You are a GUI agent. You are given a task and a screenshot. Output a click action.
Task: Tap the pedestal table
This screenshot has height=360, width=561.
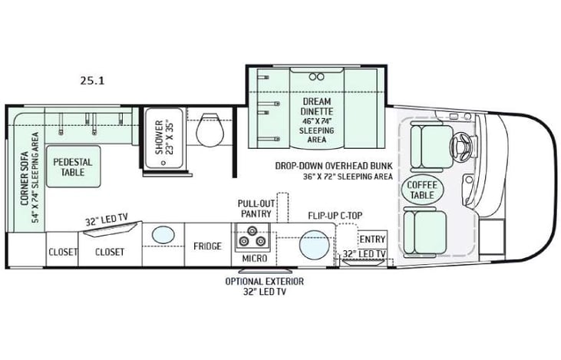click(x=73, y=167)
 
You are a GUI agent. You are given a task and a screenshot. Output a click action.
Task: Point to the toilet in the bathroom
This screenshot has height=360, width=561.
click(x=209, y=130)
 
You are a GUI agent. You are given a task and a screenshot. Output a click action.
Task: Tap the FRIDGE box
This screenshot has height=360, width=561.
click(x=207, y=246)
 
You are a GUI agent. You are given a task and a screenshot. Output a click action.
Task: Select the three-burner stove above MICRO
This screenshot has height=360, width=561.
click(x=254, y=237)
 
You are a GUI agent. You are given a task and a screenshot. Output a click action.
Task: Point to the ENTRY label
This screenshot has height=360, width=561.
click(x=372, y=239)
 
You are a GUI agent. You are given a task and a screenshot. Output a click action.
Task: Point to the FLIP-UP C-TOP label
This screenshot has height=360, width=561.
click(x=334, y=216)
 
